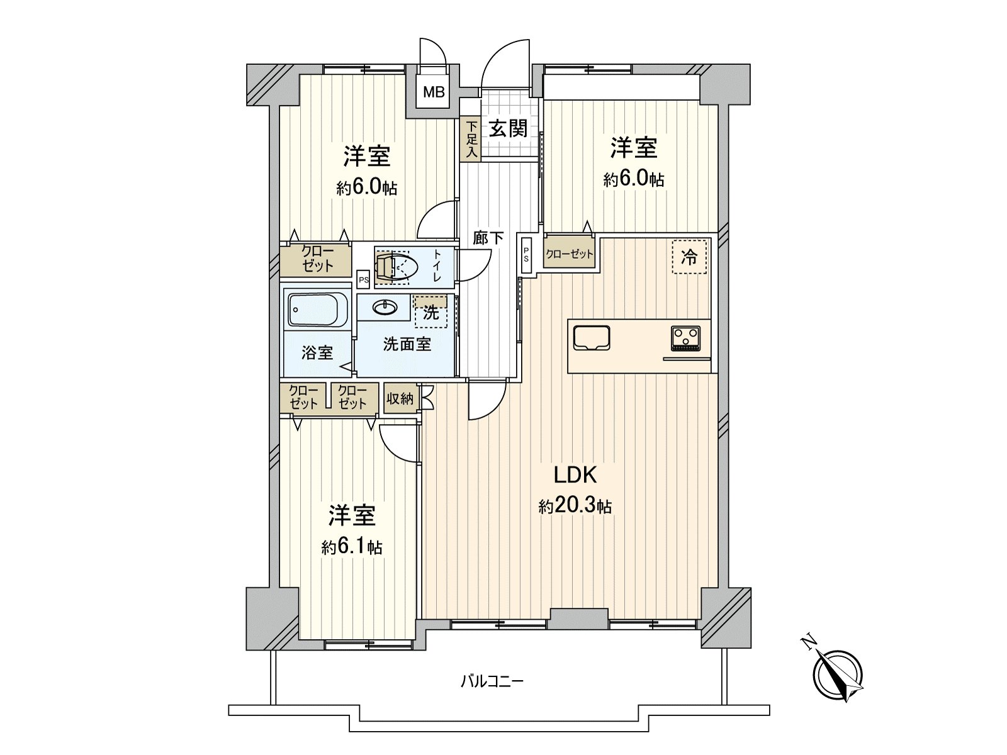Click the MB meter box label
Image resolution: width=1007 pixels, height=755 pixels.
(x=433, y=92)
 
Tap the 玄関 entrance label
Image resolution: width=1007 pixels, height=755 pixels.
(x=509, y=129)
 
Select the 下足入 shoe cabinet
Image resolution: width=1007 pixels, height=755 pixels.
(x=471, y=139)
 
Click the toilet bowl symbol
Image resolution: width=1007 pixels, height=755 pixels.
(x=397, y=267)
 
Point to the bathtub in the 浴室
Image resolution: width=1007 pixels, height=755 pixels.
(x=318, y=310)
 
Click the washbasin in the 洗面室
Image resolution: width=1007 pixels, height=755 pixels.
(x=385, y=307)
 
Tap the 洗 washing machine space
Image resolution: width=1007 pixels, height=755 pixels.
(x=431, y=312)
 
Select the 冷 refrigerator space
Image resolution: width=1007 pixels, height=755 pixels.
(x=689, y=257)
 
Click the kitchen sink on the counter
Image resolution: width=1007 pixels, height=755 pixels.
(x=592, y=337)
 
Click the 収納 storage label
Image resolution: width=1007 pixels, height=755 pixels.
(x=400, y=398)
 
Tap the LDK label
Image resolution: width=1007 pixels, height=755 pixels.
(x=575, y=474)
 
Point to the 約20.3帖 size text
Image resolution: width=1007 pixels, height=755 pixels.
(x=575, y=506)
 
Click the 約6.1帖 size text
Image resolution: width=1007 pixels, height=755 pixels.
(x=352, y=547)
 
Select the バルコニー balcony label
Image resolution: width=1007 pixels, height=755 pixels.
(x=492, y=681)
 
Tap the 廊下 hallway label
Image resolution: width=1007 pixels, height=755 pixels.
(x=488, y=238)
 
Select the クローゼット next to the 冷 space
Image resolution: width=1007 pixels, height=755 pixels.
(x=569, y=254)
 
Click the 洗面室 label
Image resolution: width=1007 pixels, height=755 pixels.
(x=407, y=345)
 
